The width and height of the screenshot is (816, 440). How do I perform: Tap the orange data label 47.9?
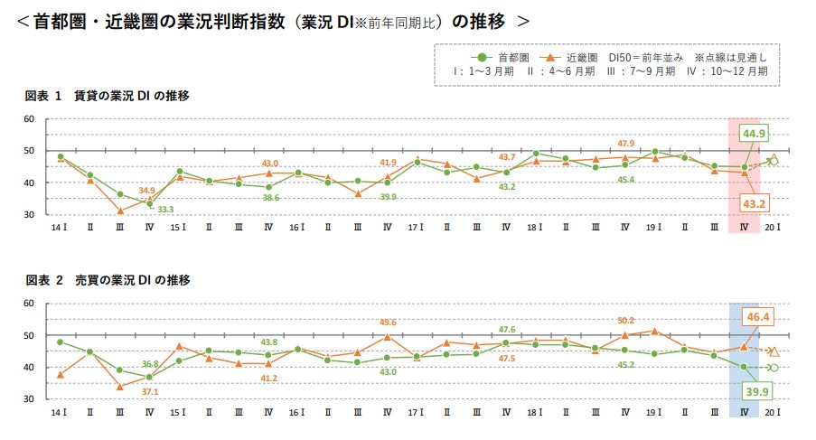[625, 144]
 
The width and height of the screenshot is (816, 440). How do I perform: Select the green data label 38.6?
[268, 198]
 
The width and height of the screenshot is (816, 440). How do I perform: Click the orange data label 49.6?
[388, 322]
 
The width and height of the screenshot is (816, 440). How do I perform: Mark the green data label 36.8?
[148, 363]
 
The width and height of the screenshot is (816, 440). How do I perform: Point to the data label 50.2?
[625, 321]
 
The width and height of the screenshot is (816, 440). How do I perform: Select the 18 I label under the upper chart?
[535, 228]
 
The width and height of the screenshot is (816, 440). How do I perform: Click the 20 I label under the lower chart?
[773, 412]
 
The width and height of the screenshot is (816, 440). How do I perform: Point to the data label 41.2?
[268, 378]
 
